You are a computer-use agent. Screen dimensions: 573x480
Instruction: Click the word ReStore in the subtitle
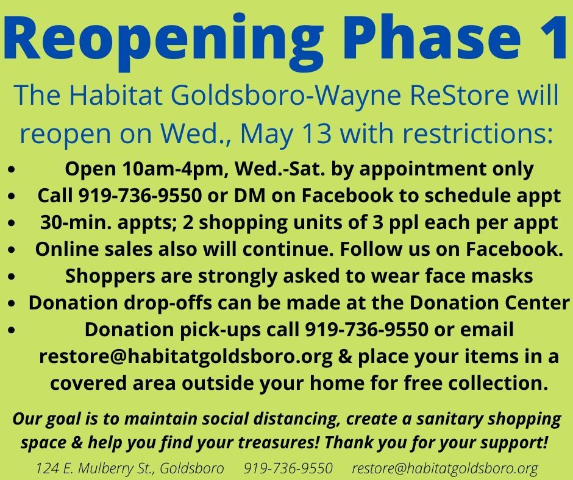459,95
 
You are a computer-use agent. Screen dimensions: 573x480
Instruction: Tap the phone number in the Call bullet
140,196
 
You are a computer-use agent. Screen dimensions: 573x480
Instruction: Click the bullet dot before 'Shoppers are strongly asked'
12,277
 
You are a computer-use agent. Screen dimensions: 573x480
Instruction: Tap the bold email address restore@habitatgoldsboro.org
186,357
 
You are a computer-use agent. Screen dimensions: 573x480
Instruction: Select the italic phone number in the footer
288,468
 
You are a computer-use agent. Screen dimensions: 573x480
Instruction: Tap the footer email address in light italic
445,468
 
